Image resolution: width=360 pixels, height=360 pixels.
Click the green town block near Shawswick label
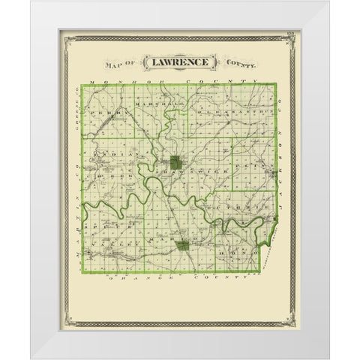click(x=175, y=160)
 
